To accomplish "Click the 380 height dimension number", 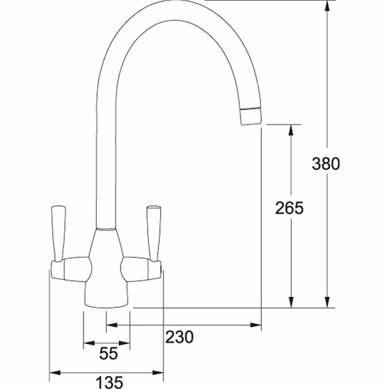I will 325,163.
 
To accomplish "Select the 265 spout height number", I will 289,208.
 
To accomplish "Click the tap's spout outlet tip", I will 250,117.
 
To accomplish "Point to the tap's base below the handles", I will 107,294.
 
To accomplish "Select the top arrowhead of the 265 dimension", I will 291,129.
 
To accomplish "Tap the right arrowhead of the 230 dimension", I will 258,325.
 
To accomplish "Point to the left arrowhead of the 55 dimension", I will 87,344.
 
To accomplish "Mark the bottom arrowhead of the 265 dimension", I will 291,303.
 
